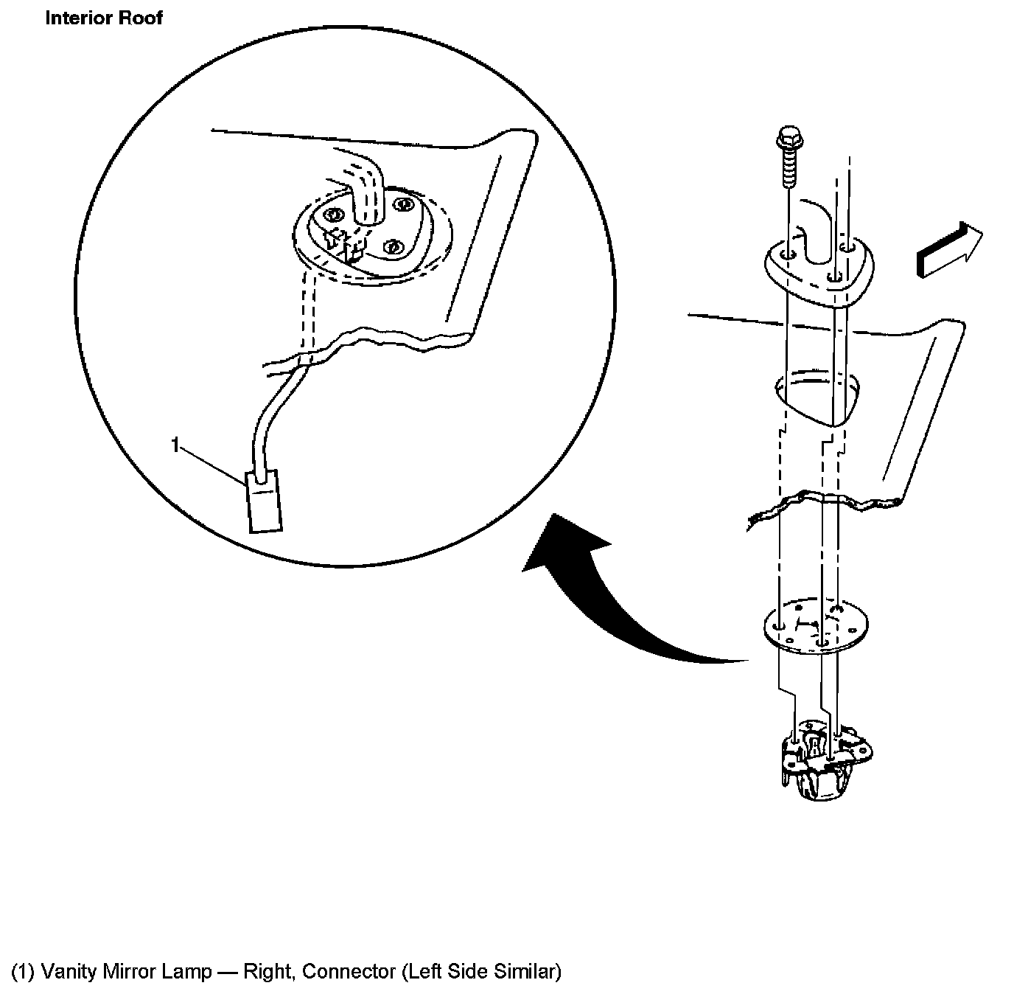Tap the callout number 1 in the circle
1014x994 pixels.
[175, 445]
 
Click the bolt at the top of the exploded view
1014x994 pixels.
[788, 159]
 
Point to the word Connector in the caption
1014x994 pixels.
[349, 972]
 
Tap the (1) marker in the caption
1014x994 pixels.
[23, 972]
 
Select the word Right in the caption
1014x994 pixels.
[268, 972]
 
